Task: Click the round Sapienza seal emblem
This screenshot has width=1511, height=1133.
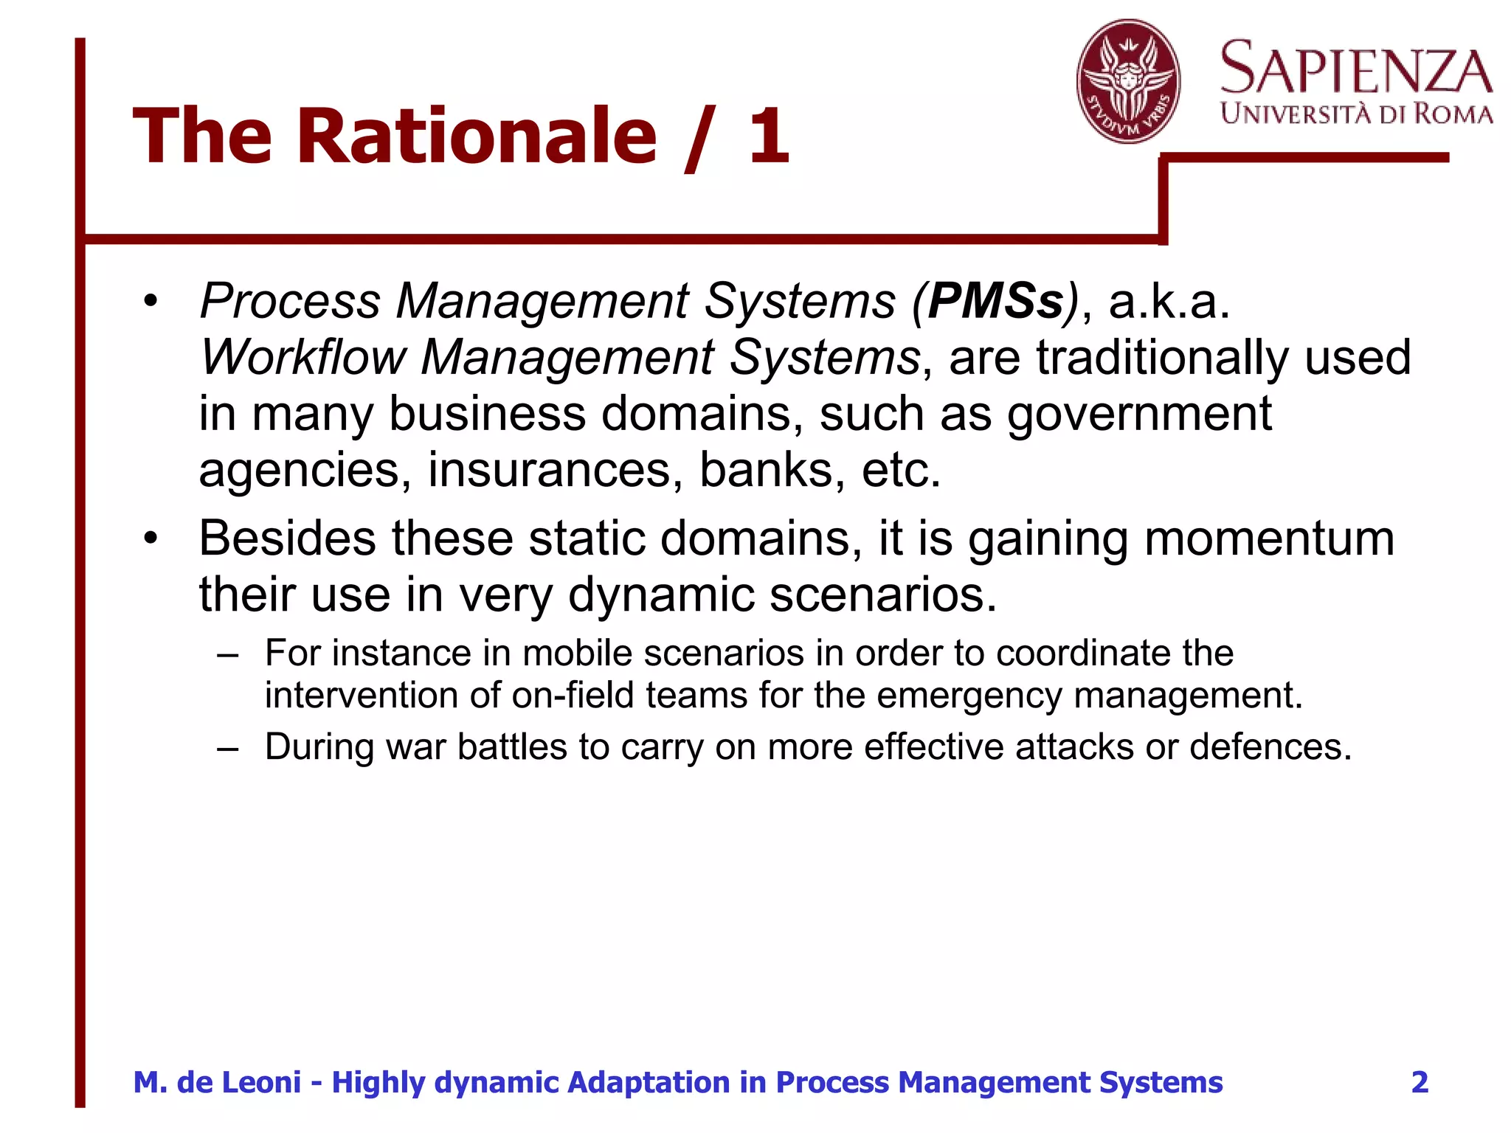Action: [1128, 81]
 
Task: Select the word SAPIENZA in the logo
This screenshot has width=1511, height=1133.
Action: [1356, 68]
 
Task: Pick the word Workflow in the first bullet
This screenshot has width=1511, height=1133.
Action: [302, 358]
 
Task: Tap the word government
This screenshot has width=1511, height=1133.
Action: [1140, 414]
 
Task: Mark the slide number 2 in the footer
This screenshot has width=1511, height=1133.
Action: [1420, 1082]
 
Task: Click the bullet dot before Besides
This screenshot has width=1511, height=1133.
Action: [151, 539]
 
